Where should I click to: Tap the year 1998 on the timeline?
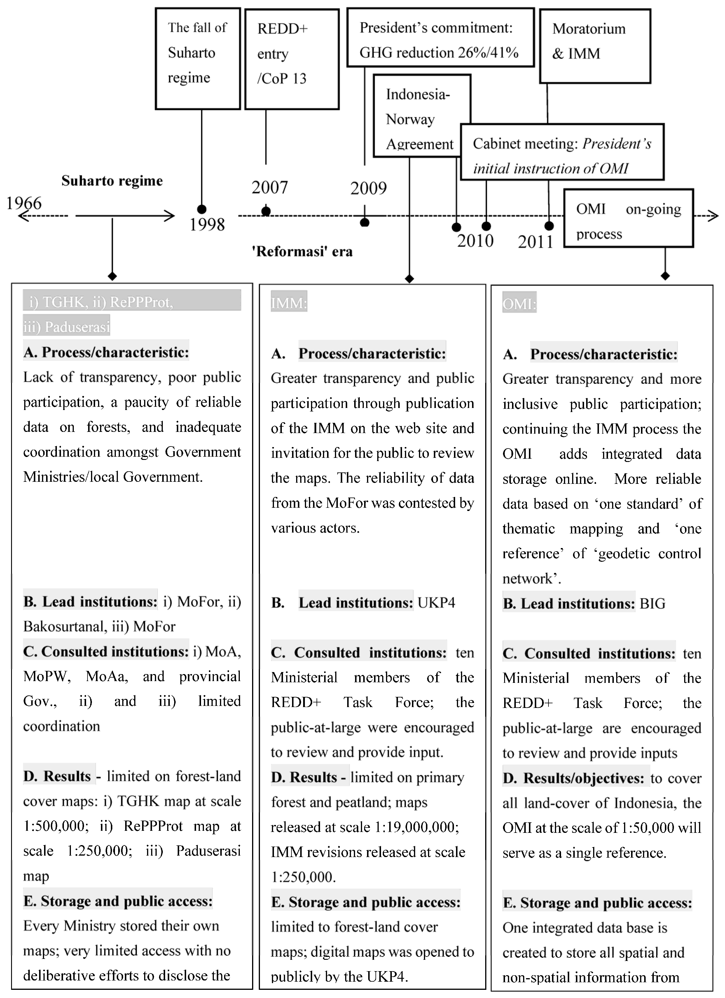tap(207, 225)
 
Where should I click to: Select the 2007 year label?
tap(270, 187)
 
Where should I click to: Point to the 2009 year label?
tap(368, 188)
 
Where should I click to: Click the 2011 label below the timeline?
tap(535, 242)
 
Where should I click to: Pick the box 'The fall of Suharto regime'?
tap(198, 59)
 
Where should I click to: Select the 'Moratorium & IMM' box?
tap(595, 46)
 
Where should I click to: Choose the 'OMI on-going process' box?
tap(628, 218)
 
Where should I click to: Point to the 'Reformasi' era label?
tap(302, 252)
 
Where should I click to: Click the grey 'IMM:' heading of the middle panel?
tap(289, 303)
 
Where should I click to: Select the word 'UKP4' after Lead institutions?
tap(436, 602)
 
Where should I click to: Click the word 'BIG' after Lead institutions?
tap(652, 603)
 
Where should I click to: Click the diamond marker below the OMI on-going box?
tap(665, 276)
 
